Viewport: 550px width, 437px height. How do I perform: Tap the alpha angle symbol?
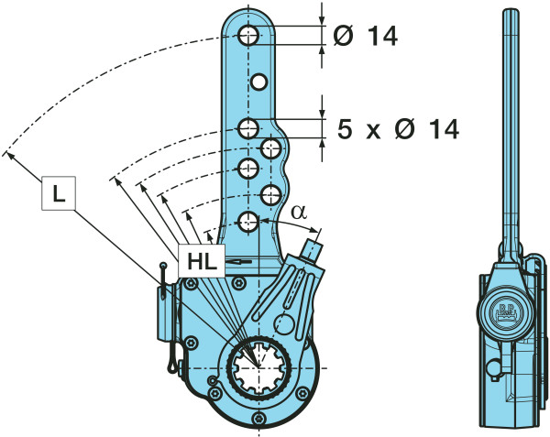298,212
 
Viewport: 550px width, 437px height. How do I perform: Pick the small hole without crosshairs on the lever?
260,82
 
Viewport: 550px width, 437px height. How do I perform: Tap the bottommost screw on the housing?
260,420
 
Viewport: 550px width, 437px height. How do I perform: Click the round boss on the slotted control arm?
285,324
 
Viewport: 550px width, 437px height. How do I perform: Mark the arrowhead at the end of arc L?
10,153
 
